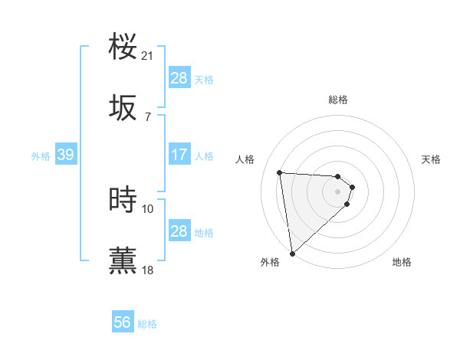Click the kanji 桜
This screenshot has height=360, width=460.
[123, 47]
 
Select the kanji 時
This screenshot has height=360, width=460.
[123, 200]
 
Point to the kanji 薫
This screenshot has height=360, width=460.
[123, 260]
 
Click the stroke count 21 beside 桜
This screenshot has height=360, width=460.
[148, 56]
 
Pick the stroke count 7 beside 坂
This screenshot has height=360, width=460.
[148, 116]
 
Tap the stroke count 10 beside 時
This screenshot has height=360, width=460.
[148, 208]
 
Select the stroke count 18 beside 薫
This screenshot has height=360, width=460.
[148, 270]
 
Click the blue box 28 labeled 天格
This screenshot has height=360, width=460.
[179, 78]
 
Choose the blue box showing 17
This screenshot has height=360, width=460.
[179, 155]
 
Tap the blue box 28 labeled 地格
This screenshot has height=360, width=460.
[179, 231]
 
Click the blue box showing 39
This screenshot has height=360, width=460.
[65, 155]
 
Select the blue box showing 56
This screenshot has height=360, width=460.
[122, 322]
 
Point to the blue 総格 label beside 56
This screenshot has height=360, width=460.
[147, 324]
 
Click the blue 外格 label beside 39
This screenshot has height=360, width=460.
[41, 156]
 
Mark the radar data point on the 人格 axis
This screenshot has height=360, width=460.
[280, 172]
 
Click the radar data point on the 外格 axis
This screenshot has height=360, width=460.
[292, 253]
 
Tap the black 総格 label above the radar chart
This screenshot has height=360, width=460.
[338, 100]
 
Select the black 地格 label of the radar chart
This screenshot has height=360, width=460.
[402, 263]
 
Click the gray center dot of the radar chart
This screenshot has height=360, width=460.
[338, 191]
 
